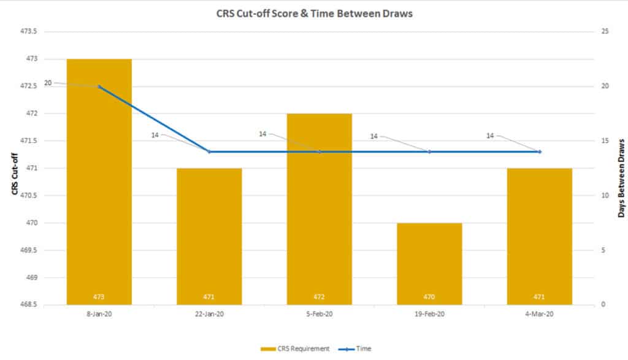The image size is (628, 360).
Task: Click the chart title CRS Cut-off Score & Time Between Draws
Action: pos(314,14)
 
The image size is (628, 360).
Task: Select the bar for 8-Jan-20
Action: pos(99,184)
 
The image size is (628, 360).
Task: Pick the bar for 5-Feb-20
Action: pos(320,209)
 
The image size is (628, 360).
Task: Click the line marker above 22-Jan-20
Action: pos(209,151)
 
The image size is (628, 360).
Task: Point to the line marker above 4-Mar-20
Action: pos(540,151)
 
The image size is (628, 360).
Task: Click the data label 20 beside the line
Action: pos(48,82)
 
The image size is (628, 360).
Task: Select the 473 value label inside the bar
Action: pos(99,297)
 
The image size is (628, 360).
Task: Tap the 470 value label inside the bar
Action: pos(429,297)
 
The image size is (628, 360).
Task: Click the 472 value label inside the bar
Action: pos(320,297)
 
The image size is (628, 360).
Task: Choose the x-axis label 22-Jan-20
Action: pos(209,314)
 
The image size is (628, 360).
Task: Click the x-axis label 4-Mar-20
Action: pos(540,314)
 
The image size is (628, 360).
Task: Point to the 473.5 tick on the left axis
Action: pos(29,31)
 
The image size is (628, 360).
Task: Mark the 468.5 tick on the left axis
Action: pos(29,305)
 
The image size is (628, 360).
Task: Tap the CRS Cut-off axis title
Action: pos(14,168)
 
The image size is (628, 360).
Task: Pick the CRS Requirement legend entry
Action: pos(295,348)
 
